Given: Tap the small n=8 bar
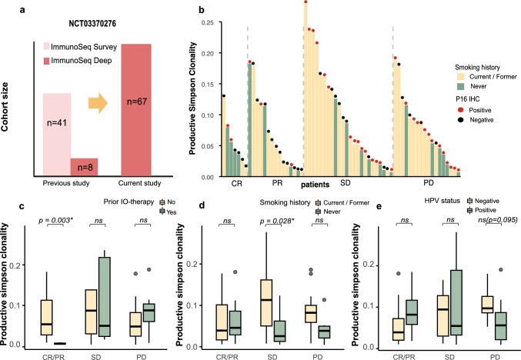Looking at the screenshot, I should (84, 168).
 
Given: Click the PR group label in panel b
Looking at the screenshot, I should (275, 185).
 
